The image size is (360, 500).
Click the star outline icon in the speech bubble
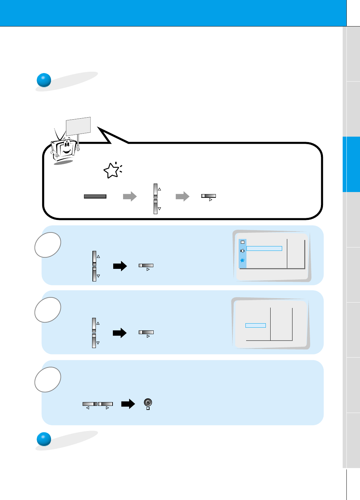click(112, 171)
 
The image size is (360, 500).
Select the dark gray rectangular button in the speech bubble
click(95, 196)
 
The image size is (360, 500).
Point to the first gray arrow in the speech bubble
click(130, 196)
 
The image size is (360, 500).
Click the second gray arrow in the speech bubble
click(183, 196)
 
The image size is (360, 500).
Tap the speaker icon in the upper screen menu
click(242, 251)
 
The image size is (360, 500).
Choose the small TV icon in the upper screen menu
click(242, 242)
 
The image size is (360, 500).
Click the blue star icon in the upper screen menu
click(242, 260)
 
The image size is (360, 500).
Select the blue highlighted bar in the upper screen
click(264, 248)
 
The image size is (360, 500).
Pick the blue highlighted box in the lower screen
click(255, 326)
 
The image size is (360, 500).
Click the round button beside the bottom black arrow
click(148, 402)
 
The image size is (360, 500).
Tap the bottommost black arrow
click(128, 404)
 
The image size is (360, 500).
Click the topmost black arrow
click(120, 266)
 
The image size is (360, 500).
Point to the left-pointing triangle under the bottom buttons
click(87, 408)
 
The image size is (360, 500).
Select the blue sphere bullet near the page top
click(44, 80)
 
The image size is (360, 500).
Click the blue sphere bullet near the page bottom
click(44, 439)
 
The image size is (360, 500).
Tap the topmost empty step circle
click(48, 245)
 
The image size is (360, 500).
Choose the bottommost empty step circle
click(48, 379)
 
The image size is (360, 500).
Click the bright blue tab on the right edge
click(351, 164)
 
